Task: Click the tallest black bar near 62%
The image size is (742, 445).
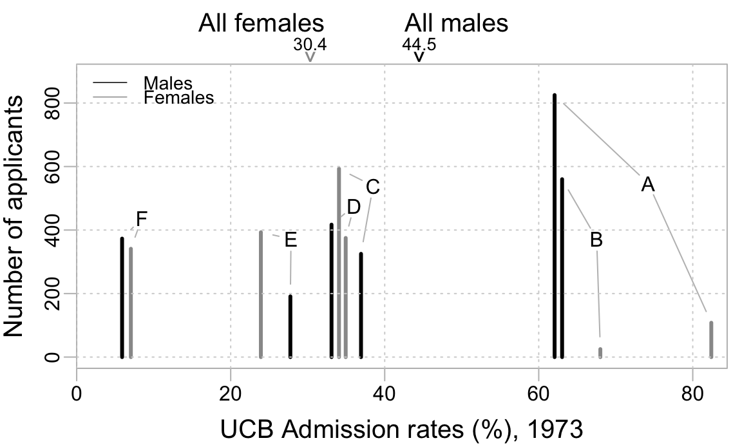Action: [x=555, y=225]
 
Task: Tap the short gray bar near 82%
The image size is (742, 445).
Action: [x=711, y=339]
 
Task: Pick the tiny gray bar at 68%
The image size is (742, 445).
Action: [x=600, y=352]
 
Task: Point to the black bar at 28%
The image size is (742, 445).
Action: [x=290, y=326]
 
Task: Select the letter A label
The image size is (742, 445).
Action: [x=648, y=185]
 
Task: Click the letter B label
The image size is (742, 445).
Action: [x=596, y=240]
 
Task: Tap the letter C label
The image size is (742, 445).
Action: [x=372, y=187]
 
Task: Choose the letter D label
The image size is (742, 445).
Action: [x=353, y=207]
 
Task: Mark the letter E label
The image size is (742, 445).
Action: [x=290, y=240]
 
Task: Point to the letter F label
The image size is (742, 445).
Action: [x=142, y=219]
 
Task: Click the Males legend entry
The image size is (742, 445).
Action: [x=168, y=83]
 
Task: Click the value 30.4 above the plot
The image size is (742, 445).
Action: [x=310, y=44]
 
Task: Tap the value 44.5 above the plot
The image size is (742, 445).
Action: [x=419, y=44]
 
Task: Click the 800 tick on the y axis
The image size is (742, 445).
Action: [x=51, y=103]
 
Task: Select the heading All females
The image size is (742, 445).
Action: [x=261, y=23]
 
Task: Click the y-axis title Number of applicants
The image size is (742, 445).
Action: [x=14, y=216]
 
